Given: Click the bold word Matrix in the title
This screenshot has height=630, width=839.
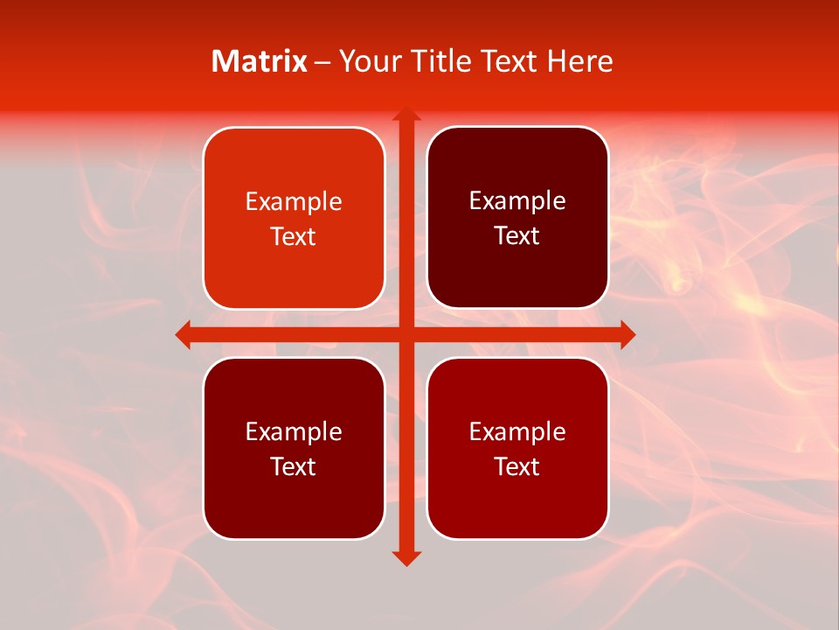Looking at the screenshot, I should tap(260, 61).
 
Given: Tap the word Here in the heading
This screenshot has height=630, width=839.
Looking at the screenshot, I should tap(579, 61).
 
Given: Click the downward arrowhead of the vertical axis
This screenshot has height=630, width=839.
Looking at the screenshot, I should tap(406, 557).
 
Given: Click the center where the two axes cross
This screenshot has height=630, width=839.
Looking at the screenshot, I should tap(406, 334).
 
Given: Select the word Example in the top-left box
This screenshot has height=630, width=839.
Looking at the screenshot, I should tap(294, 202).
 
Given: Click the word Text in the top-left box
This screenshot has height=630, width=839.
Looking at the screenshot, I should tap(294, 237).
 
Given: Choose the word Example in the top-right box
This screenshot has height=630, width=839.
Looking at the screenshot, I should tap(517, 201).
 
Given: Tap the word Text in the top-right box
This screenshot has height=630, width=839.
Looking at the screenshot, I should tap(517, 236).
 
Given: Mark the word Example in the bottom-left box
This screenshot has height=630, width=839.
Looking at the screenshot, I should tap(294, 432).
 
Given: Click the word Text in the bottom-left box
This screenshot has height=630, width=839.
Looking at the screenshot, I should tap(294, 467).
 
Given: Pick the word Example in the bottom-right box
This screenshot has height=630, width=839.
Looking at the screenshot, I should tap(517, 432).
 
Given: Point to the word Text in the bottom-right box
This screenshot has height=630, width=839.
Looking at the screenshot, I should tap(517, 467).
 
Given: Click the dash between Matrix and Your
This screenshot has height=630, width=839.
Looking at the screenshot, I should tap(322, 62).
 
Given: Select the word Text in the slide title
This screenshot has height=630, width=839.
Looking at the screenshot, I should tap(508, 61).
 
